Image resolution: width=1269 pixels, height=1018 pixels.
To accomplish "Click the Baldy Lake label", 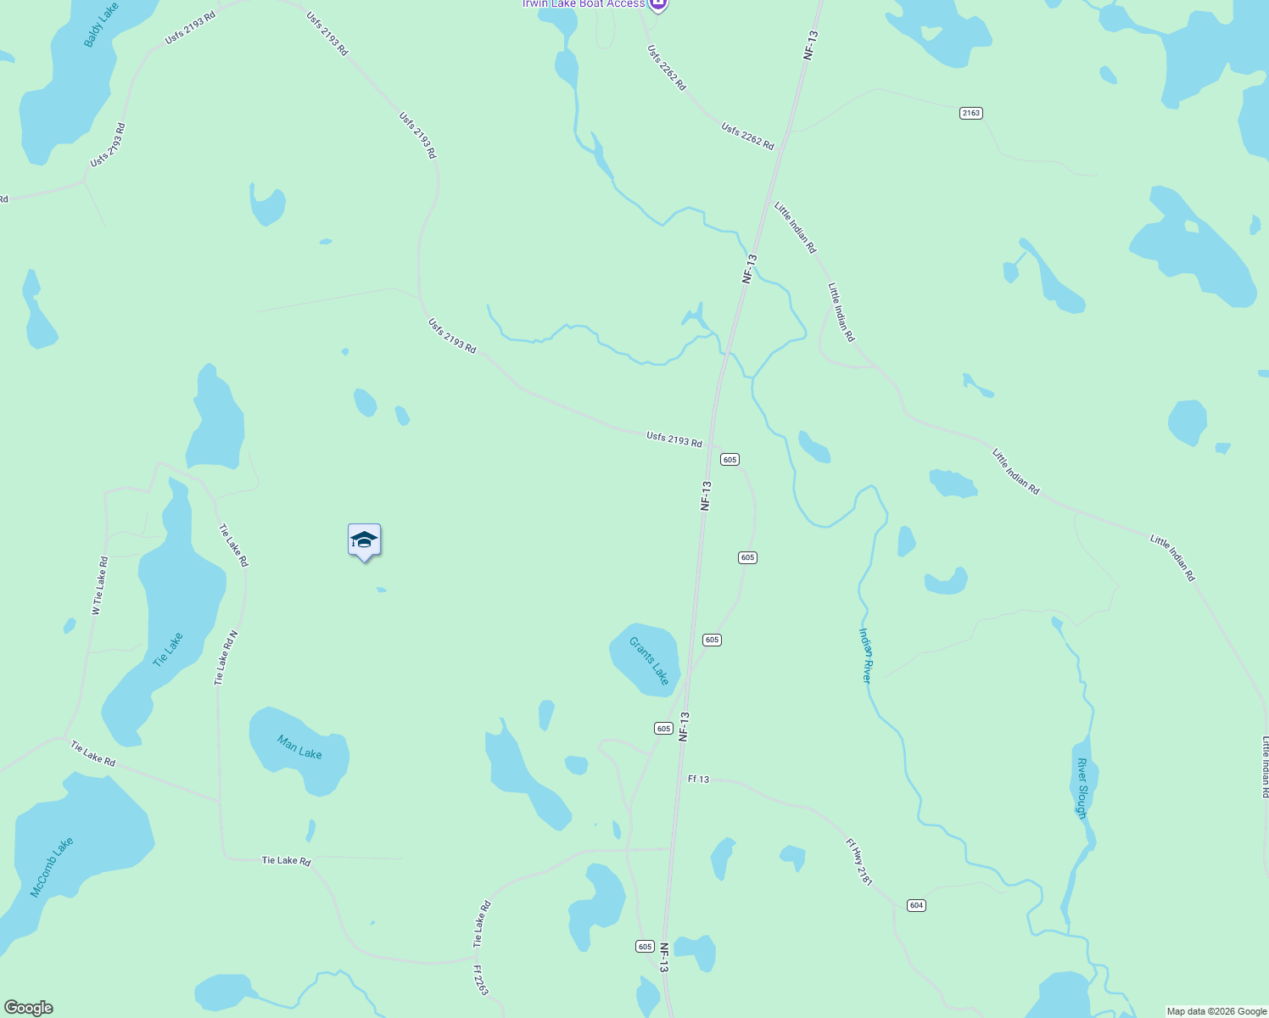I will coord(101,25).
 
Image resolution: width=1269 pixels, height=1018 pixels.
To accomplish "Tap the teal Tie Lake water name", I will coord(167,650).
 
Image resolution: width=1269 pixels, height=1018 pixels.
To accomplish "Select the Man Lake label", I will coord(299,747).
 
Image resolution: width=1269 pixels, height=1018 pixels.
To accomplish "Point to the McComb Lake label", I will coord(52,867).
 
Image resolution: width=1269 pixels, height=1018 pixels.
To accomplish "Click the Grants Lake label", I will coord(649,661).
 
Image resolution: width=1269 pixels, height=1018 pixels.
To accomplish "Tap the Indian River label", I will coord(865,655).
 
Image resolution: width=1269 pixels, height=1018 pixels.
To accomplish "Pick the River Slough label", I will coord(1082,788).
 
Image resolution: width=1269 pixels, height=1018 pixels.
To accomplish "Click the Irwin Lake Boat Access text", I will coord(583,4).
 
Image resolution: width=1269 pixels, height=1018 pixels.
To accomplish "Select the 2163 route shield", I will coord(971,113).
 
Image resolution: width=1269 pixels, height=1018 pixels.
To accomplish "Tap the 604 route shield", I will coord(916,905).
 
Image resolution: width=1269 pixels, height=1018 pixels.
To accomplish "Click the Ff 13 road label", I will coord(698,779).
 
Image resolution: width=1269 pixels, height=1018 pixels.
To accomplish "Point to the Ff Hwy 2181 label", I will coord(858,862).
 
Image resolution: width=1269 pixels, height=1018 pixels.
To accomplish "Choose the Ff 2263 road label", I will coord(481,980).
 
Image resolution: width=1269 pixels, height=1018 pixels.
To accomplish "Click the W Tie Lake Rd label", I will coord(99,585).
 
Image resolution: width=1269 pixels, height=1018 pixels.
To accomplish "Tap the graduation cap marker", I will coord(364,540).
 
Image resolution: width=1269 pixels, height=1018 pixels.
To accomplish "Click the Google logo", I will coord(29,1008).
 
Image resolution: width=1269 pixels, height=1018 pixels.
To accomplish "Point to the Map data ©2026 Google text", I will coord(1216,1011).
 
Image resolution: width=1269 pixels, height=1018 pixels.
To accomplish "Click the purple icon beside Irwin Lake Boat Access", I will coord(659,5).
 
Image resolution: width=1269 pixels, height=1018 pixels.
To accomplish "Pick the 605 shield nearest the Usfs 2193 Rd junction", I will coord(730,459).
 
